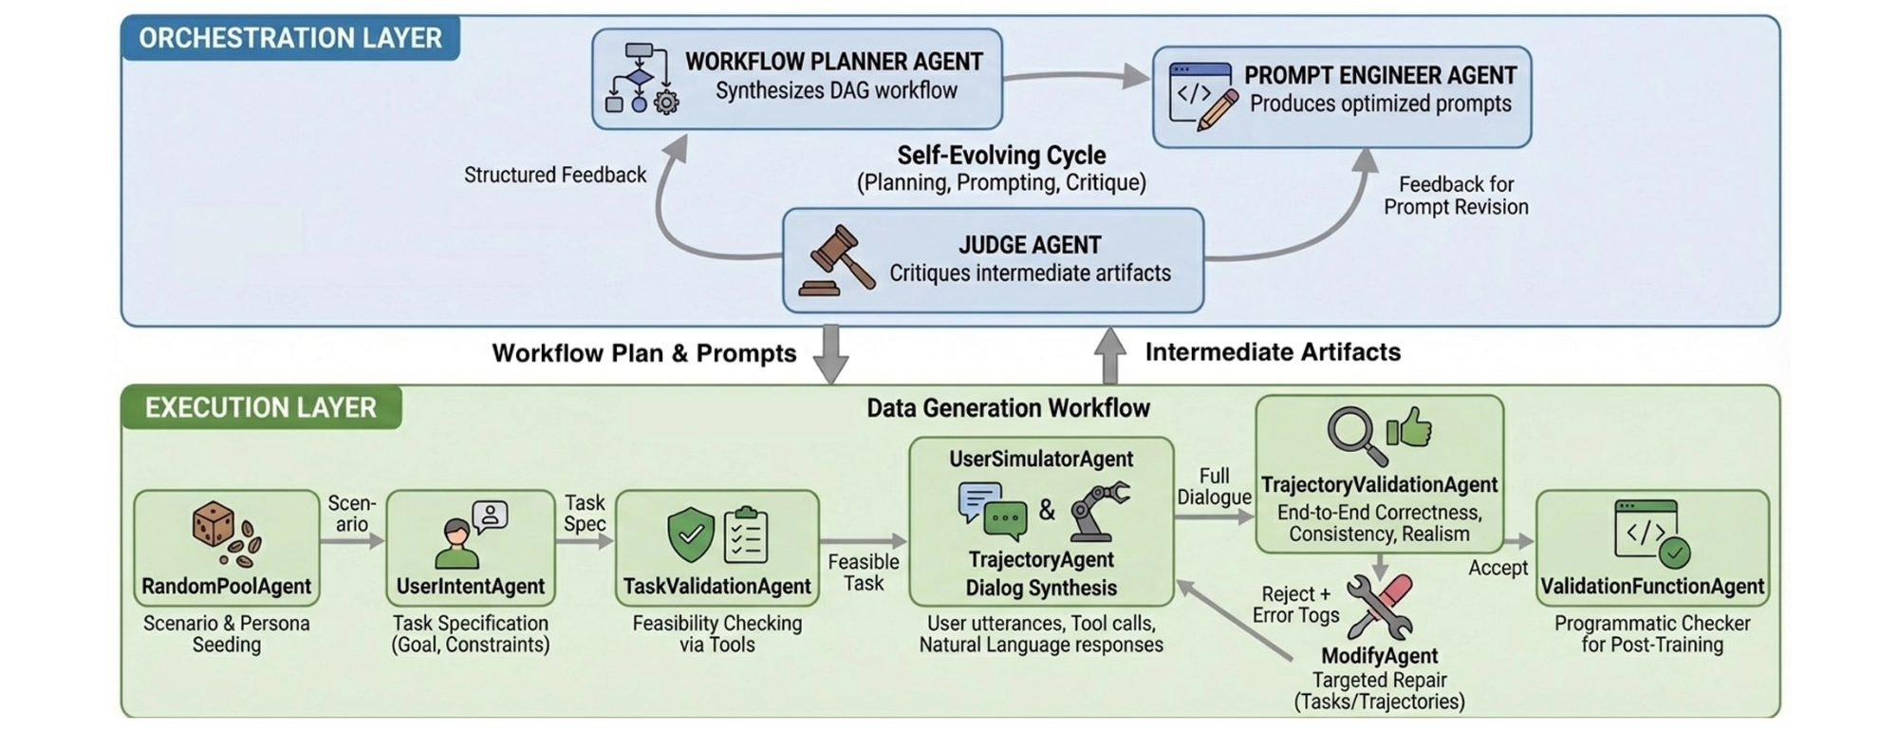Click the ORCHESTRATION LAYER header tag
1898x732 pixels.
[x=290, y=38]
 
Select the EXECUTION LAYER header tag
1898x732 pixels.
[x=261, y=407]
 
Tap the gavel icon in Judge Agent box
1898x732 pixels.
[x=836, y=260]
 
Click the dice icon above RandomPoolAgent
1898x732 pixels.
[x=214, y=524]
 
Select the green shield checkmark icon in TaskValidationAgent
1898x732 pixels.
[x=691, y=534]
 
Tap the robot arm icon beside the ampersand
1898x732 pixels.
[x=1099, y=511]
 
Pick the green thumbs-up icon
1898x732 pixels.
[x=1408, y=428]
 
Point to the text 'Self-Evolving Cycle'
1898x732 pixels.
[x=1001, y=155]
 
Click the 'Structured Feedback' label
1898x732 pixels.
[x=555, y=175]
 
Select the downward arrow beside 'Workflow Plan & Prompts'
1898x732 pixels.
[x=830, y=354]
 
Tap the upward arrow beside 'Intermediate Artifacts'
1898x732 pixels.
[x=1109, y=354]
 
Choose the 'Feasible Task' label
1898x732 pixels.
[x=863, y=572]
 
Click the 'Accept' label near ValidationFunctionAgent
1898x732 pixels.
[x=1498, y=568]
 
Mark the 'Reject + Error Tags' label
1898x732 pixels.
[x=1295, y=605]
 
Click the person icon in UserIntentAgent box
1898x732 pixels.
[x=456, y=543]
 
